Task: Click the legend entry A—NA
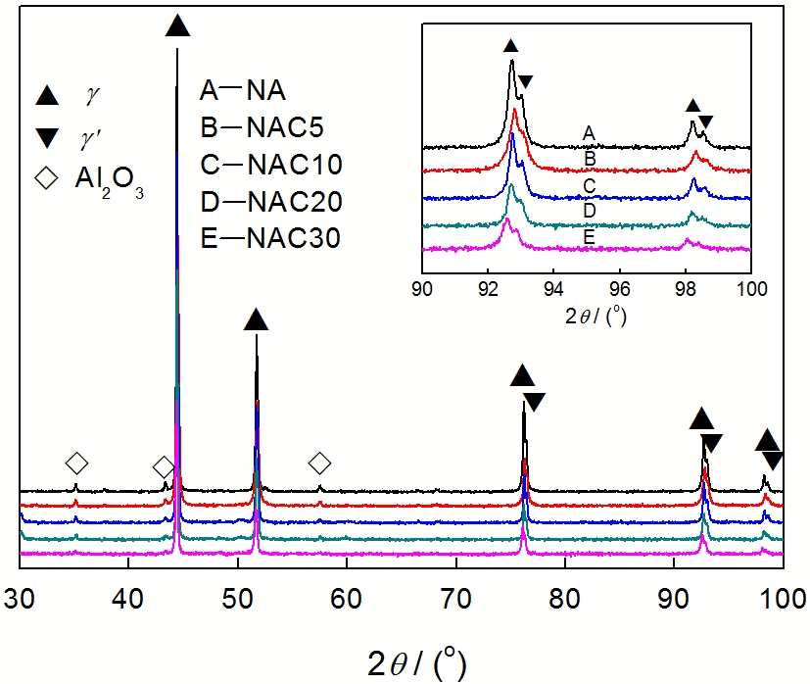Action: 242,92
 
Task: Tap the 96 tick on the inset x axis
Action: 619,289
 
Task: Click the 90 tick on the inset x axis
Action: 422,289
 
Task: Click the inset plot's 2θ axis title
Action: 587,316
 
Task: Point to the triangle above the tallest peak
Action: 177,25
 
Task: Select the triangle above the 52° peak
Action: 256,318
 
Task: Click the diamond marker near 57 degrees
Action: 319,463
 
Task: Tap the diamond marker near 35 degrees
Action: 75,463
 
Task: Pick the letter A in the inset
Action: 589,133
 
